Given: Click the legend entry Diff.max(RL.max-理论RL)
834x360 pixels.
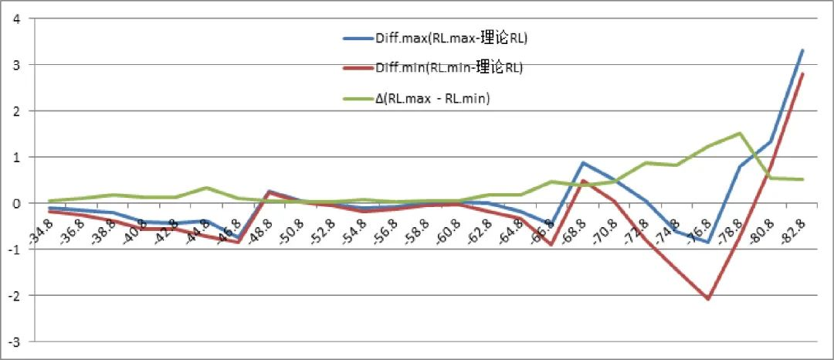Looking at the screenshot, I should point(450,38).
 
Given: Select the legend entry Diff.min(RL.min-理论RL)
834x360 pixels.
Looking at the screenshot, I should point(448,68).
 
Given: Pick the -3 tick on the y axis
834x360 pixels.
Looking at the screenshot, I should point(13,341).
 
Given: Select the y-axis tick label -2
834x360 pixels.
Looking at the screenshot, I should point(13,295).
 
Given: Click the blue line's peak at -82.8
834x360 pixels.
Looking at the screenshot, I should point(803,50).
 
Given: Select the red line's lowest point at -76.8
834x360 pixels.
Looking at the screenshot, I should point(708,298).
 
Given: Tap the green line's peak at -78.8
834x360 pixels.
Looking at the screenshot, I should point(740,133).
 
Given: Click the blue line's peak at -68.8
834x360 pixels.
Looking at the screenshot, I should point(583,163).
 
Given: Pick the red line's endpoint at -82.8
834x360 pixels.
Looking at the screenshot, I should point(803,73).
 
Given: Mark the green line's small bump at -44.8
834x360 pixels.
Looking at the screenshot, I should point(207,188).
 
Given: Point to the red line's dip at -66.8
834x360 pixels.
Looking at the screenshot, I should point(551,244).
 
